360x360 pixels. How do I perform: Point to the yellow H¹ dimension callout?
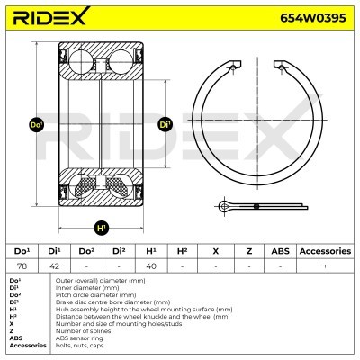[x=101, y=227]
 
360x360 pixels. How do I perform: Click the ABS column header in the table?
[x=280, y=251]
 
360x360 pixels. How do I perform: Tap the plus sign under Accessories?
[x=325, y=265]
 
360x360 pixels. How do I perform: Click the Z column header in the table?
[x=247, y=251]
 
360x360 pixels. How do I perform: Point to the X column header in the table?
[x=215, y=251]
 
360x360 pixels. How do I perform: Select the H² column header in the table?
[x=183, y=251]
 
